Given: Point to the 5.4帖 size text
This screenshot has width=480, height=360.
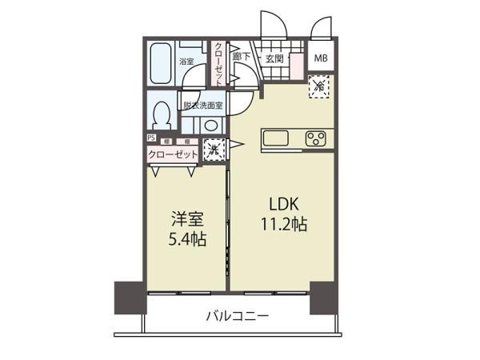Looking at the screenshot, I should click(x=186, y=238).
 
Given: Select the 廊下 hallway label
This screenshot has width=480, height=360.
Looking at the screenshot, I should click(x=242, y=58).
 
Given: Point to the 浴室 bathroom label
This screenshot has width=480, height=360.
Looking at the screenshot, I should click(x=186, y=62).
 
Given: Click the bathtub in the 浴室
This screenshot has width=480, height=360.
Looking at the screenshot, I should click(x=161, y=64).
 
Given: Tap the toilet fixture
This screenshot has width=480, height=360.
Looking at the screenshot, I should click(x=162, y=114).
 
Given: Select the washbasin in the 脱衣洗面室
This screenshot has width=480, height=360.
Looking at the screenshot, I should click(x=210, y=125).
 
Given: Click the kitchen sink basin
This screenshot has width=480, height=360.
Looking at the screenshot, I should click(x=278, y=140).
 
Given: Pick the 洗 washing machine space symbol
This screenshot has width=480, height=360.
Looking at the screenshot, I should click(x=214, y=149).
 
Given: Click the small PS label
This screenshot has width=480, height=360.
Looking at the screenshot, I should click(x=151, y=138).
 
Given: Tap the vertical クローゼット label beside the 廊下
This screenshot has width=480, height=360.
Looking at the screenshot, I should click(x=218, y=62).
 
